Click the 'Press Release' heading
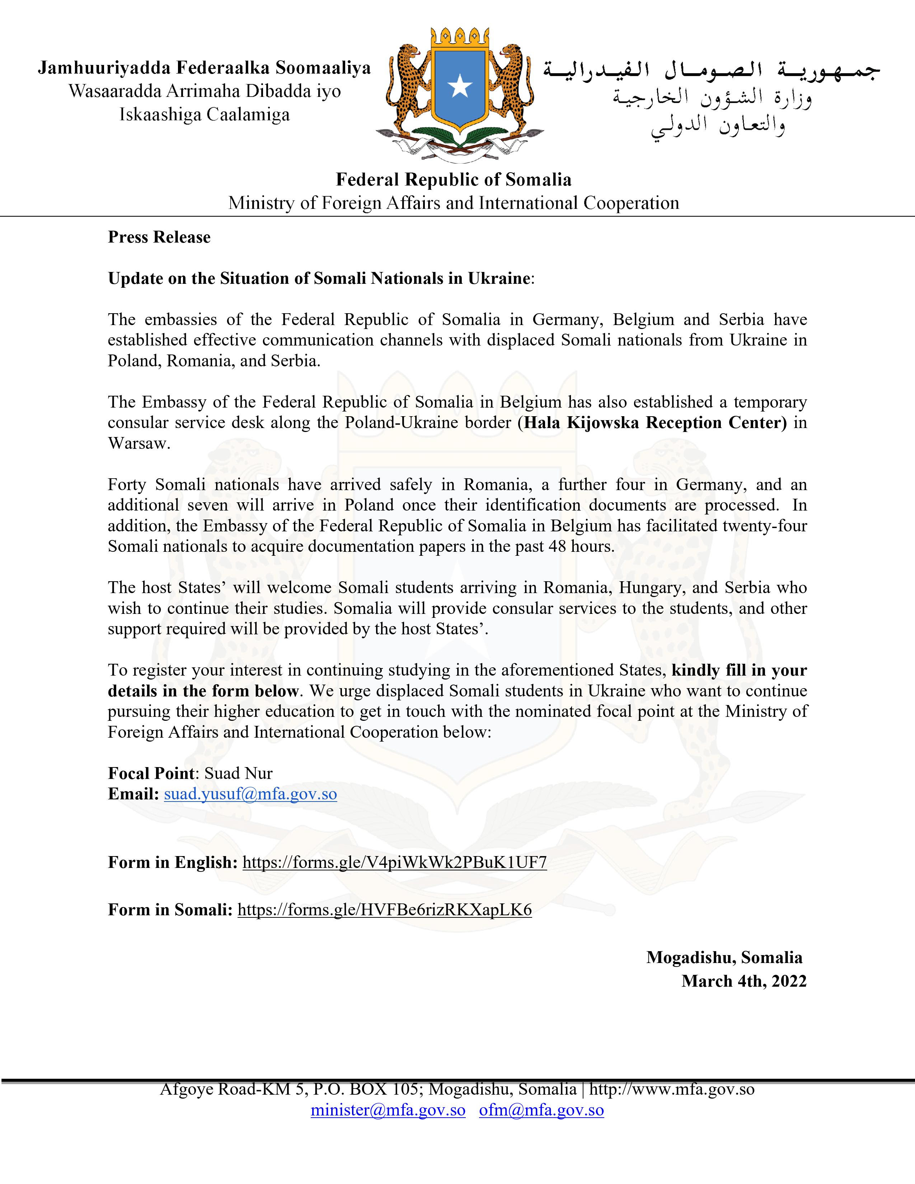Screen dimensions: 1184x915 pos(159,238)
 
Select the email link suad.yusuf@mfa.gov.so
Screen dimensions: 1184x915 pos(250,794)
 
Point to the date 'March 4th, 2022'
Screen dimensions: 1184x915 pos(744,981)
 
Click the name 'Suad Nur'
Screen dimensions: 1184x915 pos(239,774)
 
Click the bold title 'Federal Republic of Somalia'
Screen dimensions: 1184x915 pos(454,179)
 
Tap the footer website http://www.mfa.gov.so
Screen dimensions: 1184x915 pos(672,1089)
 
